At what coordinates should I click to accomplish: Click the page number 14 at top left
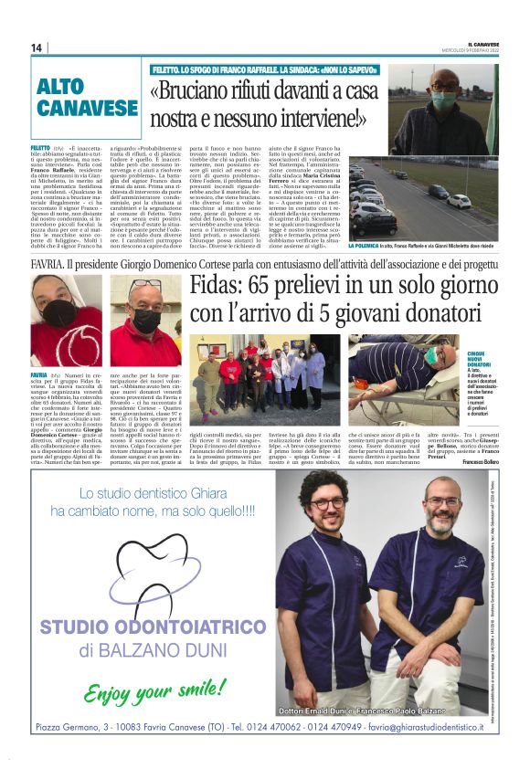click(37, 47)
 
